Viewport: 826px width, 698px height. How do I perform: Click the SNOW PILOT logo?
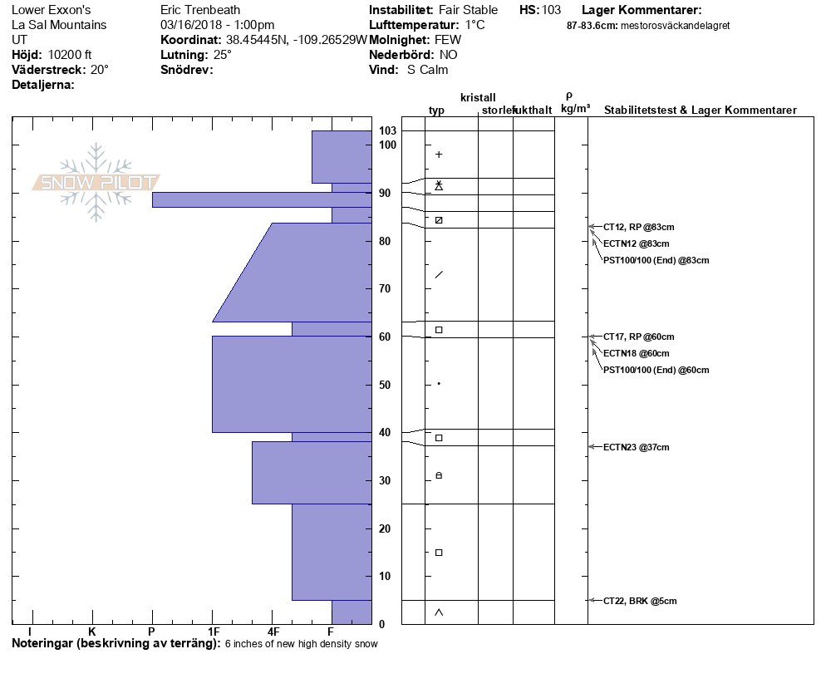click(96, 182)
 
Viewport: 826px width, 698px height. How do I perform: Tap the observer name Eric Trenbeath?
click(200, 10)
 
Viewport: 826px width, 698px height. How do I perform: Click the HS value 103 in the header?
click(551, 10)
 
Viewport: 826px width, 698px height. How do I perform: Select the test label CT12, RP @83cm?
click(633, 227)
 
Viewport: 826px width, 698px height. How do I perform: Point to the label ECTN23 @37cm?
click(636, 448)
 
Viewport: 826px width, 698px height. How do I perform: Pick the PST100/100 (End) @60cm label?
click(656, 370)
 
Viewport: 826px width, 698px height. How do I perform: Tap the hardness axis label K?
click(91, 632)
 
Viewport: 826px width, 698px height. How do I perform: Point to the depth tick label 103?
click(387, 131)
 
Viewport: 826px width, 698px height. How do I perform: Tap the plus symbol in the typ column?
click(439, 155)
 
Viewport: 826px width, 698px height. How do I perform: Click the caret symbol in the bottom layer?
click(439, 612)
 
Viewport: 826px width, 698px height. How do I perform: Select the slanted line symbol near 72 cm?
click(439, 275)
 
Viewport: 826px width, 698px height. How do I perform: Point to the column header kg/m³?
click(575, 109)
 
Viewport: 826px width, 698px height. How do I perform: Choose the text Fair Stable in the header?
click(469, 10)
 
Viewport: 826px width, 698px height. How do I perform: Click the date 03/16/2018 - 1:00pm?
click(217, 25)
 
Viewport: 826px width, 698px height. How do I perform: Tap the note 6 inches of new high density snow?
click(301, 644)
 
